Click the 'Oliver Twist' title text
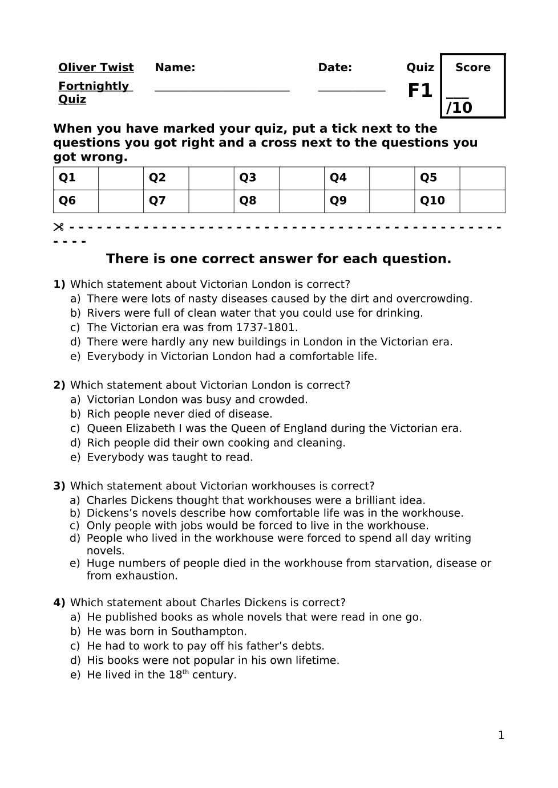pos(96,68)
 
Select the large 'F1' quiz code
pos(420,91)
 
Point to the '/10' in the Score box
pos(459,108)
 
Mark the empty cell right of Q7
pos(211,201)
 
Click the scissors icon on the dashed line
pos(58,227)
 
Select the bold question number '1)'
pos(59,284)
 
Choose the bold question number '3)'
pos(59,486)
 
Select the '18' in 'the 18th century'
pos(175,675)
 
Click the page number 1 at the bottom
pos(501,736)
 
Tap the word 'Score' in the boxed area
pos(472,68)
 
